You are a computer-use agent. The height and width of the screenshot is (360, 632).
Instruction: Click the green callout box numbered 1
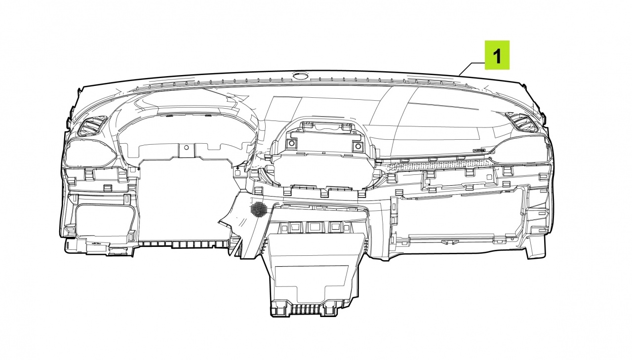point(497,55)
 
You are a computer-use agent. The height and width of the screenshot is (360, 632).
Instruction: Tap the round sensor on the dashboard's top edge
point(300,75)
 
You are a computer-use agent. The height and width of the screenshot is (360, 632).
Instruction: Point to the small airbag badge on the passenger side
point(479,151)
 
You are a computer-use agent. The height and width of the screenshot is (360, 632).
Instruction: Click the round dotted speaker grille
point(258,209)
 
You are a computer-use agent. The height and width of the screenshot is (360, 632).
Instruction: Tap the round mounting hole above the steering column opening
point(186,148)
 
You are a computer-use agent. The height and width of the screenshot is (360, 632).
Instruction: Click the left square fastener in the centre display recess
point(291,144)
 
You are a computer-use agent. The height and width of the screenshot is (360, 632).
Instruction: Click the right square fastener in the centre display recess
point(358,146)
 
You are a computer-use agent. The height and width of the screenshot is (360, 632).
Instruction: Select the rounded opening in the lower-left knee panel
point(104,219)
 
